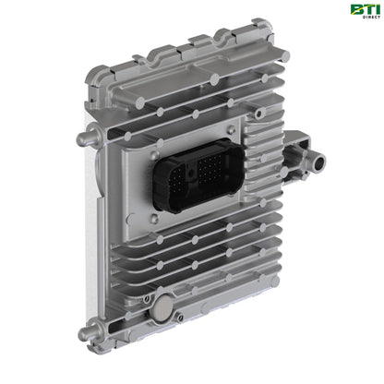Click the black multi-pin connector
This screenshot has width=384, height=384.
point(198,174)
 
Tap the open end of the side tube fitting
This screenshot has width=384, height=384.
point(319,161)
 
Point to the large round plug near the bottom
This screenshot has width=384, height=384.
point(163,306)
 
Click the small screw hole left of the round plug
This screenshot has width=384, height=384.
point(148,298)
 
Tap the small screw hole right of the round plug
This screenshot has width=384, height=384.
point(180,317)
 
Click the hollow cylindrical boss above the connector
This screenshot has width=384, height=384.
point(259,114)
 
